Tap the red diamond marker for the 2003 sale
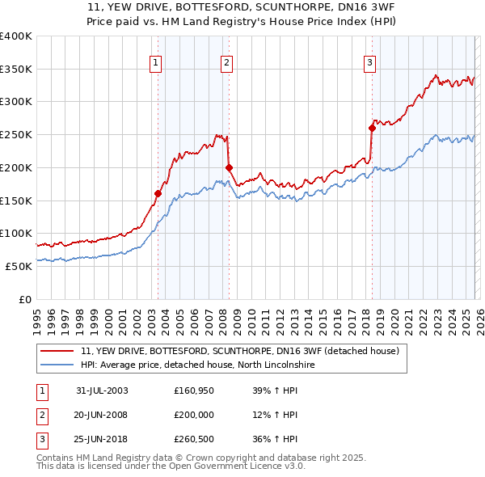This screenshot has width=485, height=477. [158, 193]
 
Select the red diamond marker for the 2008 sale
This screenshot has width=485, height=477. [229, 167]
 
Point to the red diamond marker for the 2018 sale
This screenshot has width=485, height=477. [372, 127]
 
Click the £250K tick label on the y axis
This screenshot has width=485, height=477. [15, 134]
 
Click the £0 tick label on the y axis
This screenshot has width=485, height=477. [24, 299]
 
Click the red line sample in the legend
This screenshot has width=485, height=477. [57, 352]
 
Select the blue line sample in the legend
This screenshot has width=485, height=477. [57, 365]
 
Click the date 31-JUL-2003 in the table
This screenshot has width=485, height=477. [102, 390]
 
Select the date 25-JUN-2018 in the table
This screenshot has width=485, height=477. [102, 440]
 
